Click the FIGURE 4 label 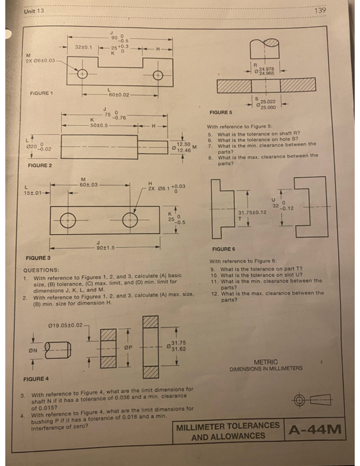pos(36,378)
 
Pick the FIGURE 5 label pos(221,112)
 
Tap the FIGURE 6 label pos(224,249)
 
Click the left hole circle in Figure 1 pos(82,74)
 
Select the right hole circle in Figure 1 pos(158,74)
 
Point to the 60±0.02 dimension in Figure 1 pos(118,94)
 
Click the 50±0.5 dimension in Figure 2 pos(101,127)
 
